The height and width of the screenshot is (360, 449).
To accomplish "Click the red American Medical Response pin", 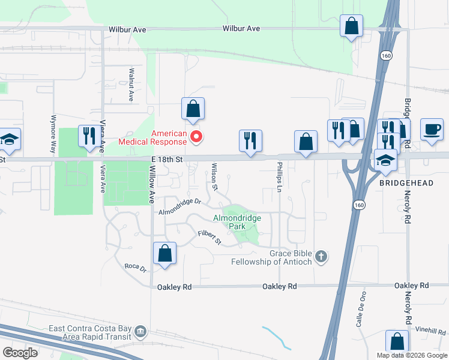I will (x=196, y=138).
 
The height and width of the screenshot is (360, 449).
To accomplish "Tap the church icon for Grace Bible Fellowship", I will (x=321, y=257).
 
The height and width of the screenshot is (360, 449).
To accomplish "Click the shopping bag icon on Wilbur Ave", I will (x=352, y=27).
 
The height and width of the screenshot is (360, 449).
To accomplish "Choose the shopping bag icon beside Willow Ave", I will (x=164, y=253).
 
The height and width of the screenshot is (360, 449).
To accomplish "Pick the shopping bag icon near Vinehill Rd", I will (x=397, y=341).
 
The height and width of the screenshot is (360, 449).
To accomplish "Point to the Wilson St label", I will (x=214, y=175).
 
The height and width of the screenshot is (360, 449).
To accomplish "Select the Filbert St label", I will (x=211, y=238).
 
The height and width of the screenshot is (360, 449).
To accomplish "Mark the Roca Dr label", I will (x=135, y=266).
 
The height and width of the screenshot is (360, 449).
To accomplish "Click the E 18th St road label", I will (x=167, y=158).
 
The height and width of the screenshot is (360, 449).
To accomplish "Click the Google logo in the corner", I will (x=20, y=353).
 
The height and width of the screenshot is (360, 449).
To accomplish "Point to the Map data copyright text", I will (x=412, y=355).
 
